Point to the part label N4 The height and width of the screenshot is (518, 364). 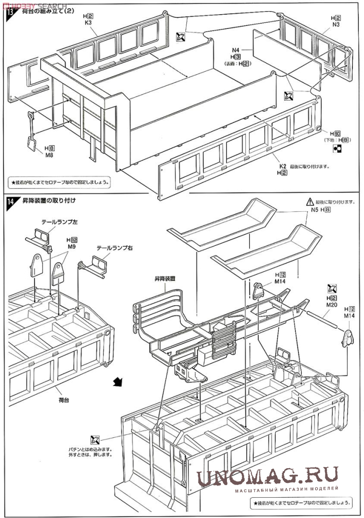click(x=235, y=49)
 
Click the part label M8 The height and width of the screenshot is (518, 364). click(x=49, y=155)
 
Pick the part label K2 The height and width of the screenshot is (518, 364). click(x=283, y=166)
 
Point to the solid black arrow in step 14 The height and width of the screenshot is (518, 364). click(x=117, y=381)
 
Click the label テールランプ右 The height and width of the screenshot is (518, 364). click(x=115, y=248)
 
